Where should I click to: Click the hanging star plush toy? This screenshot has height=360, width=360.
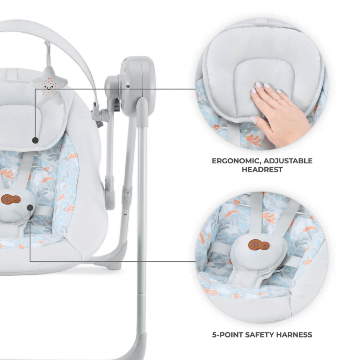tap(49, 85)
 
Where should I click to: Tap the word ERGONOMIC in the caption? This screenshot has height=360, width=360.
tap(236, 161)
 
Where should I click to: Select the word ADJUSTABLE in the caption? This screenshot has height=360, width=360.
tap(288, 161)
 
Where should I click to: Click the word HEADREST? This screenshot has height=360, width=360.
tap(262, 170)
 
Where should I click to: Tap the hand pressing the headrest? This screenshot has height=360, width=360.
tap(278, 112)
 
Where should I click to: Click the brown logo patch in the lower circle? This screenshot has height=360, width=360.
tap(259, 245)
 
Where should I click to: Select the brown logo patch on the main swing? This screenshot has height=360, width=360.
tap(10, 199)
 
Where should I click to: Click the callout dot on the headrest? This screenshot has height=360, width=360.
tap(35, 140)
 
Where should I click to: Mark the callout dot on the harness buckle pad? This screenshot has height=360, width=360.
tap(30, 208)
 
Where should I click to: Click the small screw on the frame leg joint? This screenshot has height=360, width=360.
tap(126, 192)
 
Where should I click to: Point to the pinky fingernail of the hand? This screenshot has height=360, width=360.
tap(254, 120)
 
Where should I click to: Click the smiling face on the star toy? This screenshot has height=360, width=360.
tap(49, 88)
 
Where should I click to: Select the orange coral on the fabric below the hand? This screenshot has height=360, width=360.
tap(253, 140)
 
